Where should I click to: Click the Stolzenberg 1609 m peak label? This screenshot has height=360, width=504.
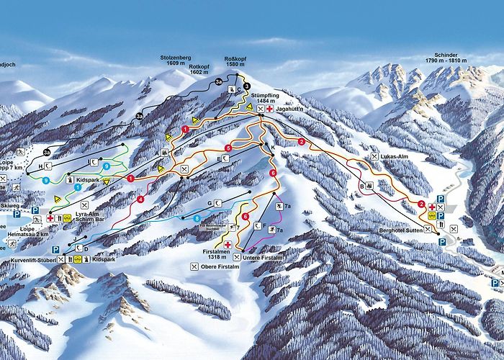coord(176,60)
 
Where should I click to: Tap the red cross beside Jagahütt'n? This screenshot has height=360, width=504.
coord(269,109)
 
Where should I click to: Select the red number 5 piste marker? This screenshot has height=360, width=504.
coord(228,148)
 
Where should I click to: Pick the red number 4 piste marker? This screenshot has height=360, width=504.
coord(141,199)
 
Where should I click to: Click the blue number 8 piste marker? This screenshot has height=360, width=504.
coord(197,217)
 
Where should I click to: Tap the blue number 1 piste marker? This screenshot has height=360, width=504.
coord(78,186)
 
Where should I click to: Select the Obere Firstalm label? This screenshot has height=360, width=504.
coord(218,267)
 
